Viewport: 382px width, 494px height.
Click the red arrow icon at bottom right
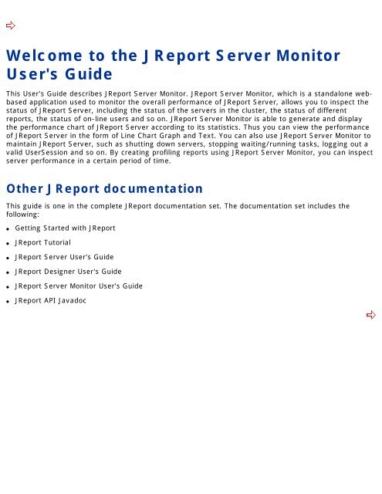(370, 315)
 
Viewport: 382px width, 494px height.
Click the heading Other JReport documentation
(104, 188)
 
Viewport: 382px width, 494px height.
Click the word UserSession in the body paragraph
(50, 154)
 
